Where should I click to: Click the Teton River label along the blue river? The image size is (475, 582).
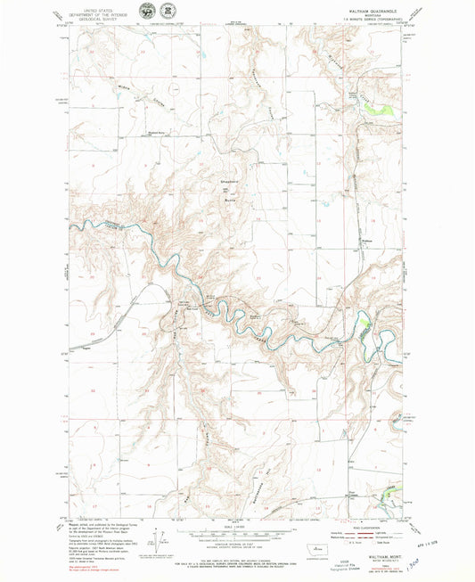pos(103,223)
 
